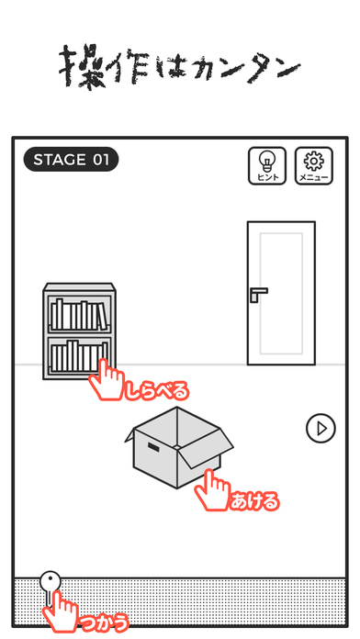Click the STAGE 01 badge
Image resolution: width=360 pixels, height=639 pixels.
tap(71, 160)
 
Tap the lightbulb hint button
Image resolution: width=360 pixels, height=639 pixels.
tap(267, 166)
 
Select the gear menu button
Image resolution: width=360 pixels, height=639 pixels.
tap(314, 166)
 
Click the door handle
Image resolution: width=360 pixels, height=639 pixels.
tap(258, 294)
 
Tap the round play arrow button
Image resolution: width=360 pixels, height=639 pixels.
tap(321, 429)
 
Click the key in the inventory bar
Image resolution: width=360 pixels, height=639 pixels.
tap(50, 587)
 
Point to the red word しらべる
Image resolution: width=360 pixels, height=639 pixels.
tap(157, 391)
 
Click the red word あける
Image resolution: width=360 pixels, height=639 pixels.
tap(254, 501)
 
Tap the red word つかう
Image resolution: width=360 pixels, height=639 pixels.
tap(104, 622)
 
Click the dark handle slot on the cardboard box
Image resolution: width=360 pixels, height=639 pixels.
tap(153, 447)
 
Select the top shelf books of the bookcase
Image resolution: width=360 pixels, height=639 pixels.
tap(80, 315)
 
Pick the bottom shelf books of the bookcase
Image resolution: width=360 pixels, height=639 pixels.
tap(78, 356)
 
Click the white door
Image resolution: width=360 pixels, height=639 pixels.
tap(281, 293)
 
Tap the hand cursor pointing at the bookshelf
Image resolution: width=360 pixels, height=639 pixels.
tap(106, 380)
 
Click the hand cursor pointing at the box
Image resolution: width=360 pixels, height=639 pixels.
tap(211, 490)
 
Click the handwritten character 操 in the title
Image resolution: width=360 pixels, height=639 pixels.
tap(81, 66)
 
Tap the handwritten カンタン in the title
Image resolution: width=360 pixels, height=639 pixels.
tap(247, 69)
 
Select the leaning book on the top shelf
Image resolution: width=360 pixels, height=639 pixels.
tap(103, 317)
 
